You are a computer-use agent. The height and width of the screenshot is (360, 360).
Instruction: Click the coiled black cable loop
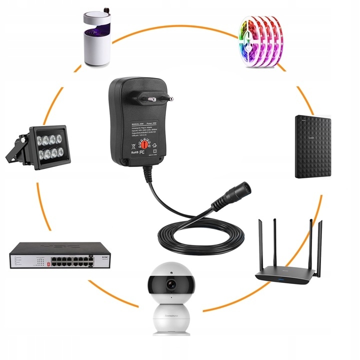200,235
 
